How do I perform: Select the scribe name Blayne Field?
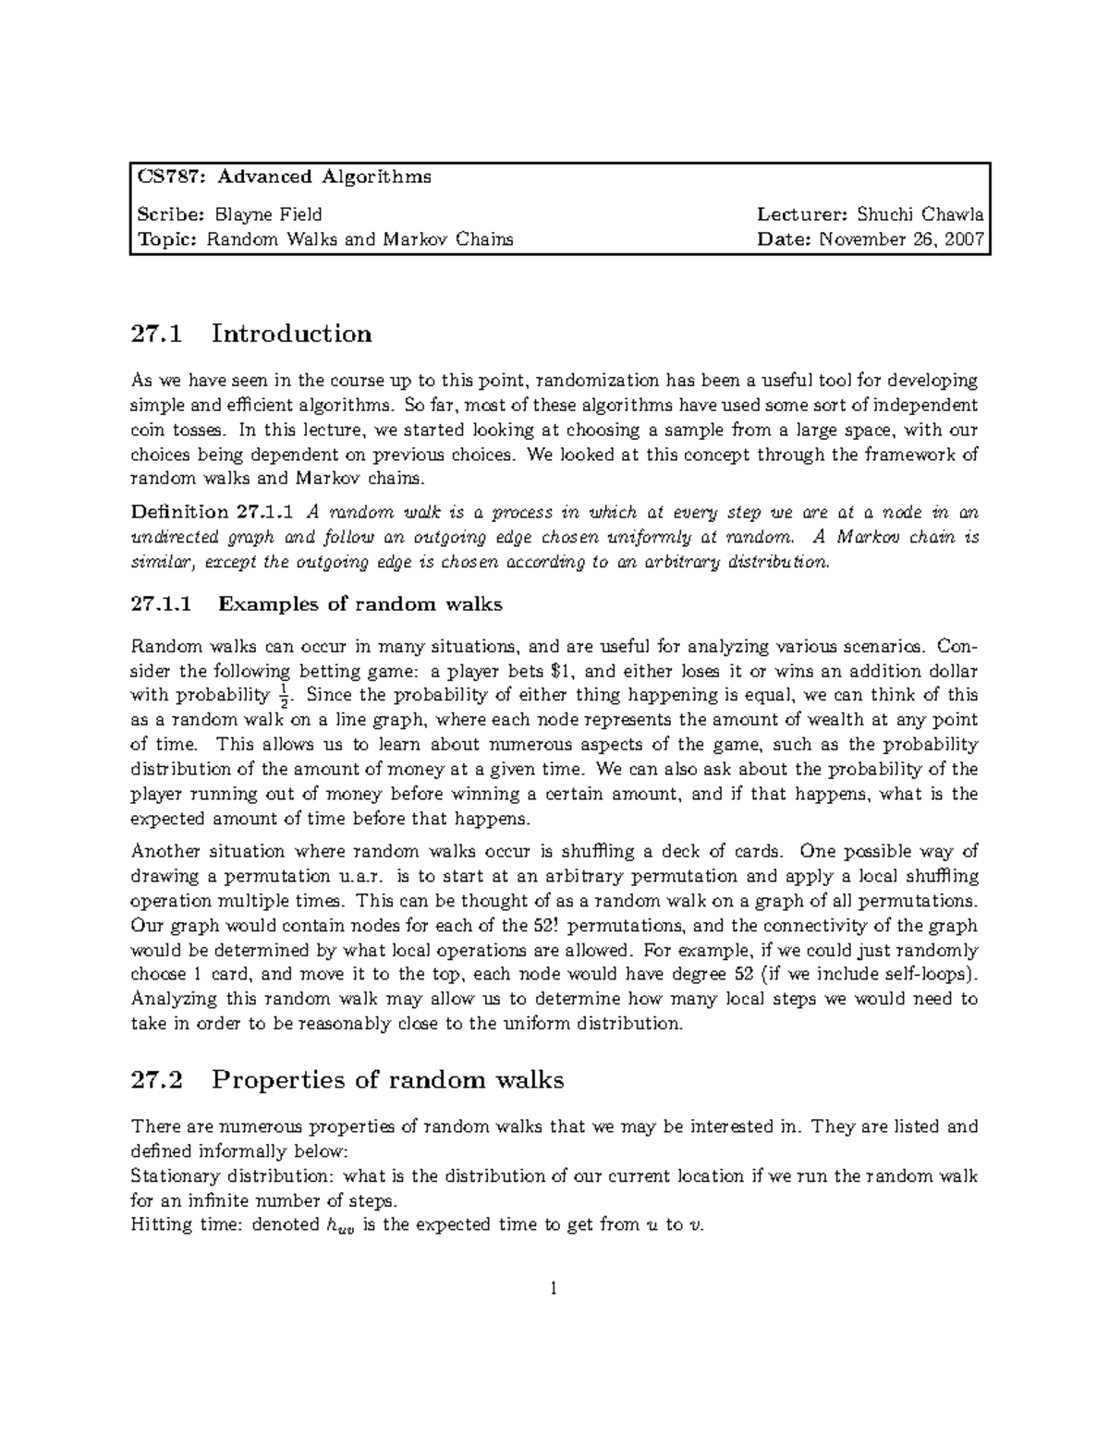pyautogui.click(x=269, y=215)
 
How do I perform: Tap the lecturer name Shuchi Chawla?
pyautogui.click(x=920, y=215)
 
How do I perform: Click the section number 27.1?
pyautogui.click(x=160, y=334)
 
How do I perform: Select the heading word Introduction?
pyautogui.click(x=291, y=334)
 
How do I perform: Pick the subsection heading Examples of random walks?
pyautogui.click(x=360, y=605)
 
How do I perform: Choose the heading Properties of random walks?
pyautogui.click(x=387, y=1079)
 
